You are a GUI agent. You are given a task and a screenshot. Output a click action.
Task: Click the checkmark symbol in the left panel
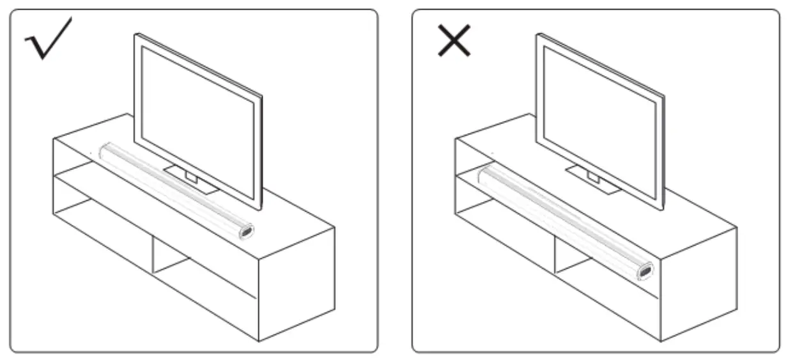pyautogui.click(x=48, y=40)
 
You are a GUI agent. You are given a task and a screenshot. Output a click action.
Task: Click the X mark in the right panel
pyautogui.click(x=454, y=40)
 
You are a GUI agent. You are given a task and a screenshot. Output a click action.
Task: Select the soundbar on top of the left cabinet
pyautogui.click(x=173, y=189)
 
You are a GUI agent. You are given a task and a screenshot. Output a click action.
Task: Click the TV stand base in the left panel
pyautogui.click(x=192, y=180)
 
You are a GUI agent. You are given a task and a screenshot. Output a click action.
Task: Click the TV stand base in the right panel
pyautogui.click(x=594, y=180)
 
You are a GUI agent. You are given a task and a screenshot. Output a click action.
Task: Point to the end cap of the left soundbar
pyautogui.click(x=246, y=231)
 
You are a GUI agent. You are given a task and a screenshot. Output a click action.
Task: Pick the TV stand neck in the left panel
pyautogui.click(x=190, y=175)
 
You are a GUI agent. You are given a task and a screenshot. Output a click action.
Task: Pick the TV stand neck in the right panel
pyautogui.click(x=592, y=175)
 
